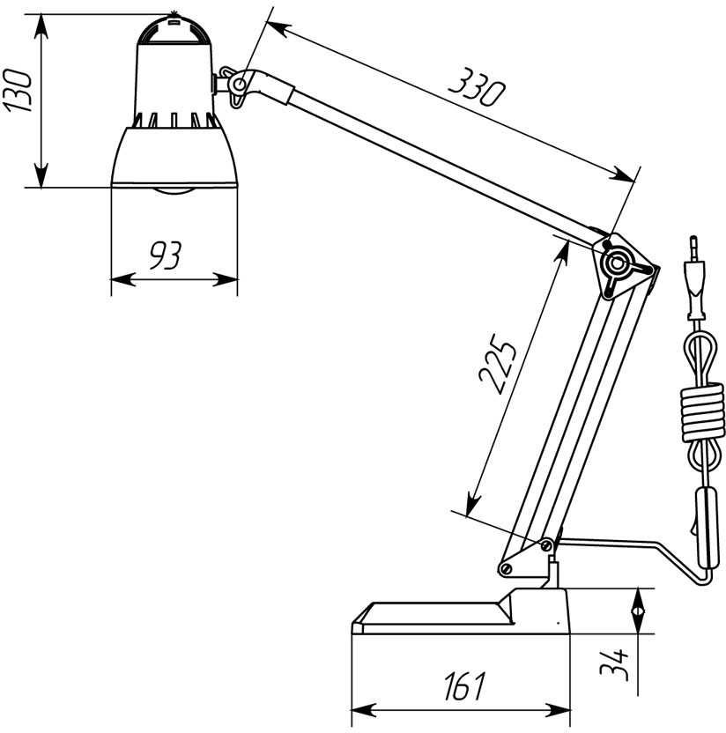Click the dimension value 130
[x=18, y=90]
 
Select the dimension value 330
[x=477, y=87]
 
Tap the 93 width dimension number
[x=166, y=255]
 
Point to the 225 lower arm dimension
[x=498, y=363]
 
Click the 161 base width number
[x=464, y=686]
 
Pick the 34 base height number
[x=614, y=664]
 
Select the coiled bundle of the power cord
[x=702, y=412]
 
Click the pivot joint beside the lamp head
[x=239, y=85]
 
